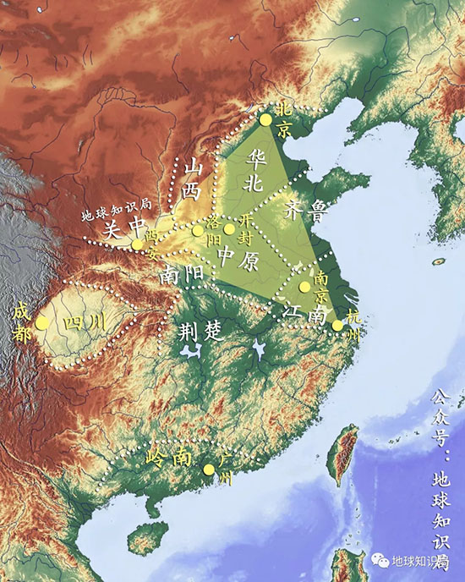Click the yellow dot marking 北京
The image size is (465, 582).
coord(265,120)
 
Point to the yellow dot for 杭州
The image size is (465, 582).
coord(337,326)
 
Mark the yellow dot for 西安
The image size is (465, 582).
coord(138,245)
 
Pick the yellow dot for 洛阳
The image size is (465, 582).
coord(198,230)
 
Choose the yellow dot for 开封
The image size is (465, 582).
coord(229,228)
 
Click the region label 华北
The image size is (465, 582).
coord(253,168)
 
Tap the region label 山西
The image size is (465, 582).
coord(193,179)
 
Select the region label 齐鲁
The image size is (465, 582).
coord(305,209)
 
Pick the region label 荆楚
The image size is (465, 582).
coord(200,332)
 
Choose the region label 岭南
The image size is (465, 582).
coord(167,458)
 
